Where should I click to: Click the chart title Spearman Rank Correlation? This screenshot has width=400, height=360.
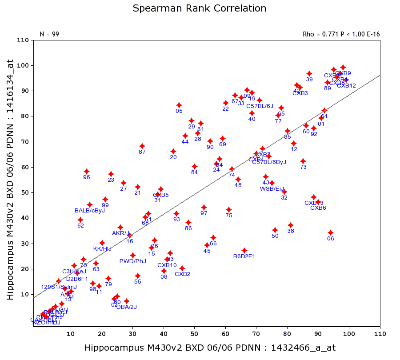click(x=200, y=8)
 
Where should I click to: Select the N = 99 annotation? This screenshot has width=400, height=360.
click(x=49, y=34)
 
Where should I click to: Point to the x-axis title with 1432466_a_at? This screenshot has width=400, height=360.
click(x=210, y=348)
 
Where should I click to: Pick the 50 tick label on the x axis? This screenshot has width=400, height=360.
click(x=194, y=334)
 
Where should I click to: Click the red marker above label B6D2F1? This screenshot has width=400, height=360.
click(x=244, y=251)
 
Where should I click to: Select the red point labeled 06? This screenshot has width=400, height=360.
click(x=331, y=233)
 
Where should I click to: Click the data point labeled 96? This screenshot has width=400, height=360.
click(x=87, y=172)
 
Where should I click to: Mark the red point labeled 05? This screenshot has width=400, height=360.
click(x=179, y=105)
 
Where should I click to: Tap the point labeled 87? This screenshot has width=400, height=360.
click(x=142, y=146)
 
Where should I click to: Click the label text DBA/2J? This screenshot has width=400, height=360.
click(x=127, y=307)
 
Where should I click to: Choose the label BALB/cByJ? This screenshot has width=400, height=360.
click(x=89, y=211)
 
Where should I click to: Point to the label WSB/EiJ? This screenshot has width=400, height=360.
click(x=272, y=189)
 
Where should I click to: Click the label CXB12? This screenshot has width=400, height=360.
click(x=346, y=86)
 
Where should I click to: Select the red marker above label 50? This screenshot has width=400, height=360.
click(x=275, y=230)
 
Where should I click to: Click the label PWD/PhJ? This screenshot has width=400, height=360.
click(x=133, y=261)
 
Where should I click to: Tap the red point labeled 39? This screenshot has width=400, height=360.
click(x=309, y=74)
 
